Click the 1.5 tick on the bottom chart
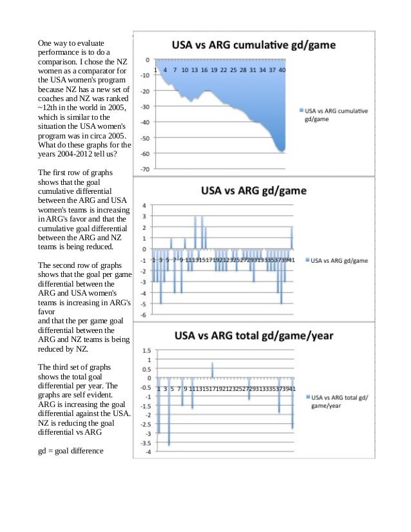pyautogui.click(x=146, y=350)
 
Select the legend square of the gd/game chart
pyautogui.click(x=306, y=260)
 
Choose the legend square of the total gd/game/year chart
pyautogui.click(x=306, y=397)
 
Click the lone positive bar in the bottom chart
pyautogui.click(x=212, y=369)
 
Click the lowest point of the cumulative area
pyautogui.click(x=282, y=151)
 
